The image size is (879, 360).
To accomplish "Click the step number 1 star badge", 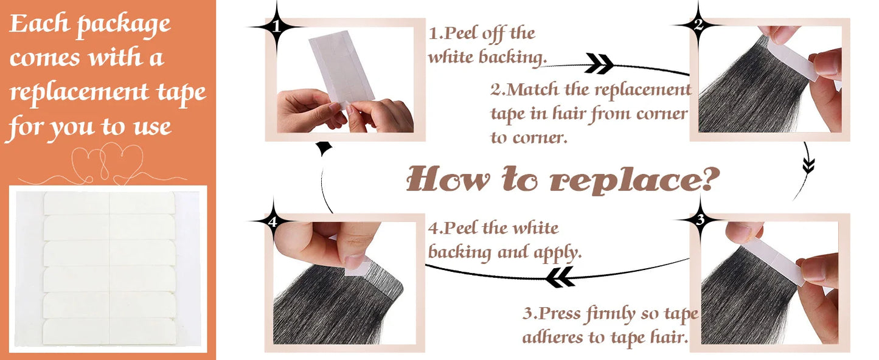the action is pyautogui.click(x=277, y=27).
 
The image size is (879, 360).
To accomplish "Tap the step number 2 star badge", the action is pyautogui.click(x=698, y=25).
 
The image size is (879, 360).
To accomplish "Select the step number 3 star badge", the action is pyautogui.click(x=700, y=220).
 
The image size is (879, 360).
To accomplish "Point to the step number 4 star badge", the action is pyautogui.click(x=273, y=221).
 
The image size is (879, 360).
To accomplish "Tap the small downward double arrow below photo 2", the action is pyautogui.click(x=808, y=165).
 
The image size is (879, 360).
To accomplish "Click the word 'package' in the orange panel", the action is pyautogui.click(x=123, y=26).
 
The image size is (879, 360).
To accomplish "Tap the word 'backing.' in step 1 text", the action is pyautogui.click(x=512, y=57).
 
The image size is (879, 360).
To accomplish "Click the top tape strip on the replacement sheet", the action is pyautogui.click(x=109, y=203).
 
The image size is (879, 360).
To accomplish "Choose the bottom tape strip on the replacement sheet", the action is pyautogui.click(x=109, y=332).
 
